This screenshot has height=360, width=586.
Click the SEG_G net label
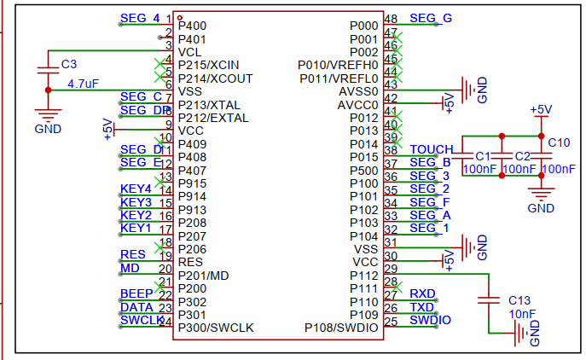pos(431,18)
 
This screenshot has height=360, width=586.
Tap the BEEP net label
pos(136,294)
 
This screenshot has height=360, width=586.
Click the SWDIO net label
pos(431,321)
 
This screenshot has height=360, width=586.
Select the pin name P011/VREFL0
pos(338,78)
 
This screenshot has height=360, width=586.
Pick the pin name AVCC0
pos(357,105)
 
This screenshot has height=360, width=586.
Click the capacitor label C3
pos(69,64)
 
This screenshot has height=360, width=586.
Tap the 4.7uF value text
pos(84,84)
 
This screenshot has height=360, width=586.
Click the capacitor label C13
pos(519,300)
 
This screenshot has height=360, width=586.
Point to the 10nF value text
pos(521,314)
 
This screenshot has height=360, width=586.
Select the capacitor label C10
pos(559,142)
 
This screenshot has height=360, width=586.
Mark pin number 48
pos(392,19)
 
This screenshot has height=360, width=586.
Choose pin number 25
pos(392,322)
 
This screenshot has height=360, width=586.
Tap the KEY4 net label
pos(136,188)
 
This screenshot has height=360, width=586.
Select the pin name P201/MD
pos(203,276)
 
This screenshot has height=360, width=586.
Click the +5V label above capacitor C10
pos(541,110)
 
